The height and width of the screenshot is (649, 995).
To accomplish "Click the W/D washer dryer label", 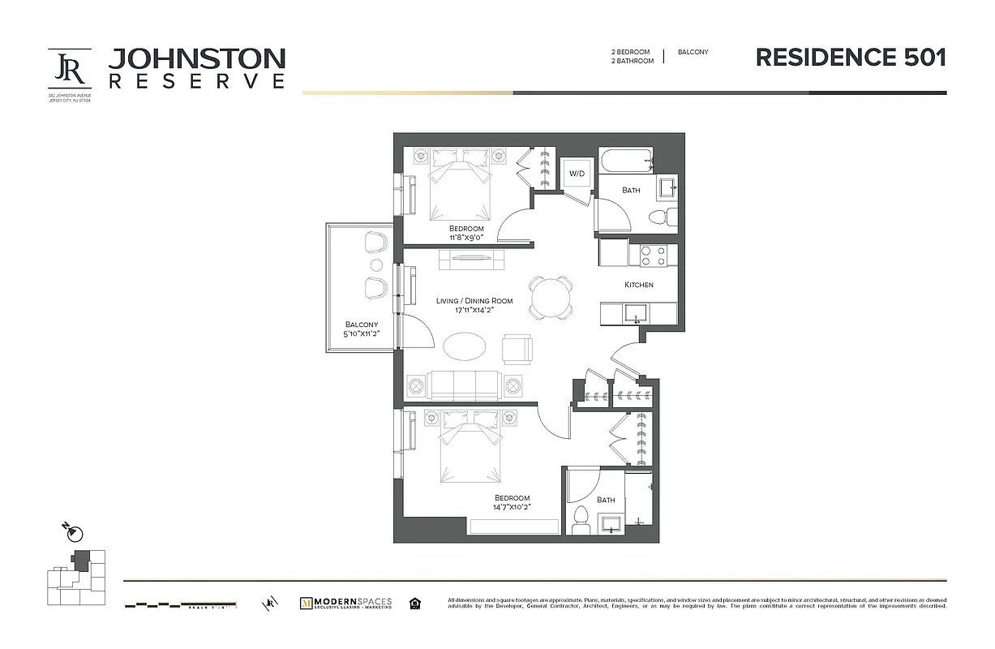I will (x=577, y=174).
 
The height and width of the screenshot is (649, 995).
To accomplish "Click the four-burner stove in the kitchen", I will (x=653, y=256).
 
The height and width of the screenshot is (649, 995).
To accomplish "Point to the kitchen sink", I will (x=633, y=312).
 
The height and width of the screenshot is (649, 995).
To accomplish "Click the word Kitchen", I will (x=638, y=285).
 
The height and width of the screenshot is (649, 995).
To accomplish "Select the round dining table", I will (x=551, y=297).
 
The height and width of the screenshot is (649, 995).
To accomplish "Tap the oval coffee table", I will (x=465, y=346).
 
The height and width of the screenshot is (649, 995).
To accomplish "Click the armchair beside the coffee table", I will (x=518, y=348).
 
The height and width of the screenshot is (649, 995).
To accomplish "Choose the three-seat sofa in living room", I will (x=465, y=385).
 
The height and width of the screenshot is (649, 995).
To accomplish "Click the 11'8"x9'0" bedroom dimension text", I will (x=466, y=238).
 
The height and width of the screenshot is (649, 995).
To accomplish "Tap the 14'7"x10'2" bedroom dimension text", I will (x=512, y=507).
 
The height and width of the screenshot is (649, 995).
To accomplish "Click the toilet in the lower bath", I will (x=580, y=519).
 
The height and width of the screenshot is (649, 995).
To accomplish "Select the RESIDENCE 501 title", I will (x=851, y=58).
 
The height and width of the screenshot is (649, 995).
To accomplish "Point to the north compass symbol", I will (x=74, y=533).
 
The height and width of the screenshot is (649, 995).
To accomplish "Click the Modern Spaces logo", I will (x=345, y=603).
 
